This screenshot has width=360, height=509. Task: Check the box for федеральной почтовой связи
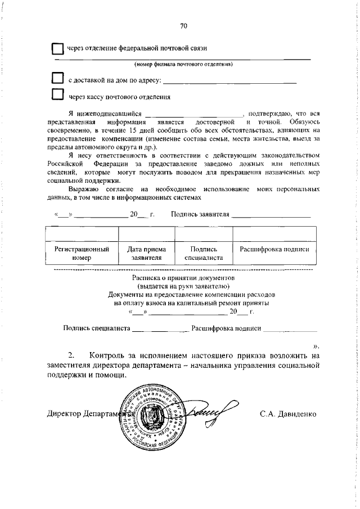click(x=57, y=49)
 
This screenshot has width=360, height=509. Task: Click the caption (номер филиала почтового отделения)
click(x=183, y=64)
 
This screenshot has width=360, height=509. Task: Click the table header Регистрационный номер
click(x=81, y=253)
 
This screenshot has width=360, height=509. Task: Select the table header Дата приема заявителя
click(x=146, y=253)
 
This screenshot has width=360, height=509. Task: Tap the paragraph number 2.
click(x=71, y=355)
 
